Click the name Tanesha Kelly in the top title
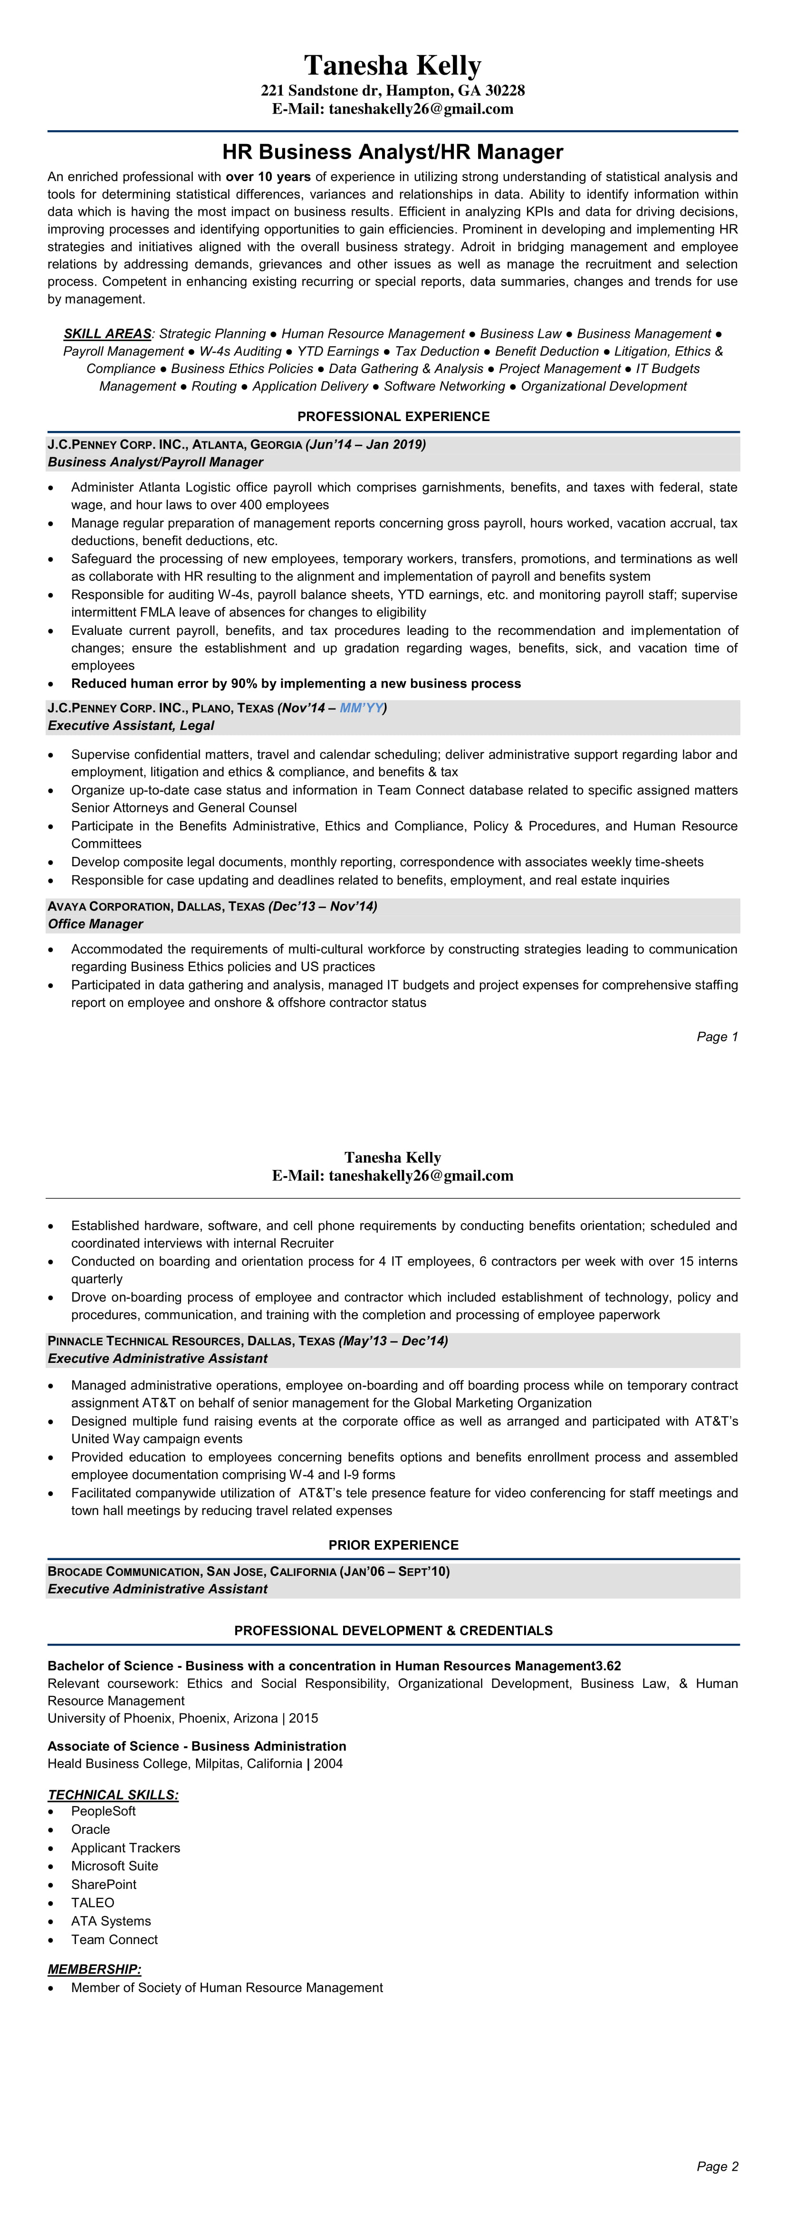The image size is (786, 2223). coord(393,66)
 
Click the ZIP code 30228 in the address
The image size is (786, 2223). coord(506,91)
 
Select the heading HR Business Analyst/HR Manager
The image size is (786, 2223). coord(393,152)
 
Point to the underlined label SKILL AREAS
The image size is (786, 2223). coord(107,334)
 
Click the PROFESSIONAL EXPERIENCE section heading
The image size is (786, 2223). coord(393,416)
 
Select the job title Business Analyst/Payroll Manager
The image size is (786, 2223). coord(155,462)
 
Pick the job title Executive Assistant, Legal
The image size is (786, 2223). coord(130,726)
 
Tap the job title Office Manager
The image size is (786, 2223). coord(95,924)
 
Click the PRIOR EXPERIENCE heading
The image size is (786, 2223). coord(393,1545)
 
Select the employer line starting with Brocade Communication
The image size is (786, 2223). coord(249,1571)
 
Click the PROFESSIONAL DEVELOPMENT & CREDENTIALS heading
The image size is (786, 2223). coord(393,1630)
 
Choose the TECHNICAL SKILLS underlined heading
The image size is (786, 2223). coord(113,1795)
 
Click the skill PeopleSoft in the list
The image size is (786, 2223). coord(104,1811)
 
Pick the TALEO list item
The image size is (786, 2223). coord(92,1903)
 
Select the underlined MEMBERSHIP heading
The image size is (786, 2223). coord(94,1969)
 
